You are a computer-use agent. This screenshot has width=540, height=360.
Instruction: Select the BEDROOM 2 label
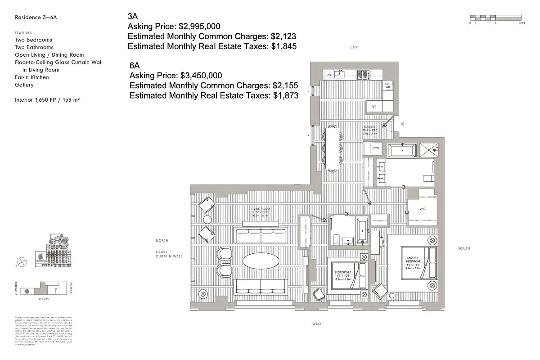[342, 273]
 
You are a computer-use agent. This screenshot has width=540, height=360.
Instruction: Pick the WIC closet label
[422, 209]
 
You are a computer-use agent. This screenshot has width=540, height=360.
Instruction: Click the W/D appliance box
[375, 148]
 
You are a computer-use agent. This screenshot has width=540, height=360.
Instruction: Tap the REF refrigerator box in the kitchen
[373, 107]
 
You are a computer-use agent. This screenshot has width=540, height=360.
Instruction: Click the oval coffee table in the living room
[261, 261]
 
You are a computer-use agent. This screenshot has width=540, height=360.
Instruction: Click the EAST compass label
[355, 47]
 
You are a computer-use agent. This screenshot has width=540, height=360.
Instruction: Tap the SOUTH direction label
[463, 248]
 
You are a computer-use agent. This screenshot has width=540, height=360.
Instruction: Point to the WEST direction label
[317, 324]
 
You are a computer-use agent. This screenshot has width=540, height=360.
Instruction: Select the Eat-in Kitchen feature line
[32, 77]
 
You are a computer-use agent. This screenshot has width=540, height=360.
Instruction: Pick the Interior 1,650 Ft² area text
[47, 99]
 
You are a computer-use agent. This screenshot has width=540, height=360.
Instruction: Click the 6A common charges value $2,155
[284, 85]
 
